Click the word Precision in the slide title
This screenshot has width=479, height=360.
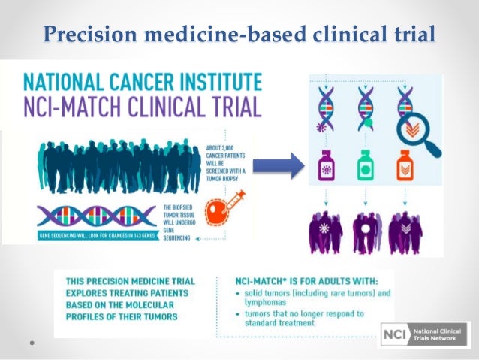[83, 35]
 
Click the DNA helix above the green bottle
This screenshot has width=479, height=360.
[366, 110]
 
